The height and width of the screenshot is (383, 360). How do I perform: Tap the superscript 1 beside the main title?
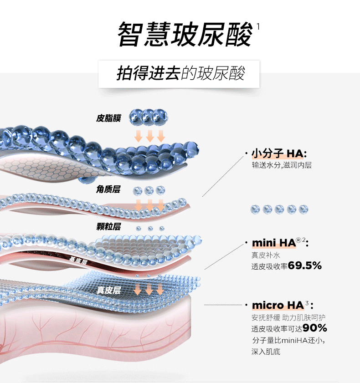pyautogui.click(x=258, y=26)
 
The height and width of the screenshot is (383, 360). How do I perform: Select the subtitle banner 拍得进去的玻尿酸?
pyautogui.click(x=180, y=73)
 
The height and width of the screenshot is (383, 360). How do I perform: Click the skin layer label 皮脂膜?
pyautogui.click(x=108, y=118)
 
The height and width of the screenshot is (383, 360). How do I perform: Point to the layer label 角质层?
pyautogui.click(x=108, y=189)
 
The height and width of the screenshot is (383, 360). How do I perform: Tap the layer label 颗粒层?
pyautogui.click(x=108, y=226)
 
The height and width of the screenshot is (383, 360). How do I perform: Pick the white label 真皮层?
pyautogui.click(x=108, y=290)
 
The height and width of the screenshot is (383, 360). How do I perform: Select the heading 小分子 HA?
pyautogui.click(x=279, y=153)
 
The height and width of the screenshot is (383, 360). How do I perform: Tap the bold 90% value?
pyautogui.click(x=314, y=328)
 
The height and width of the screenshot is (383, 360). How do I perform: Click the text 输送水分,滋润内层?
pyautogui.click(x=281, y=165)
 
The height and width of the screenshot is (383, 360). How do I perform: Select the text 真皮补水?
pyautogui.click(x=264, y=255)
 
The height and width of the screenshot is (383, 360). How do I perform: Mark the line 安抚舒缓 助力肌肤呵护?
pyautogui.click(x=288, y=317)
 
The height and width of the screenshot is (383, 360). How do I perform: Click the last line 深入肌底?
pyautogui.click(x=265, y=352)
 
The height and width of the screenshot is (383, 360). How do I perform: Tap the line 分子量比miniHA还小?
pyautogui.click(x=288, y=340)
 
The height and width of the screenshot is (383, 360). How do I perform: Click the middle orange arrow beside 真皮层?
pyautogui.click(x=149, y=290)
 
